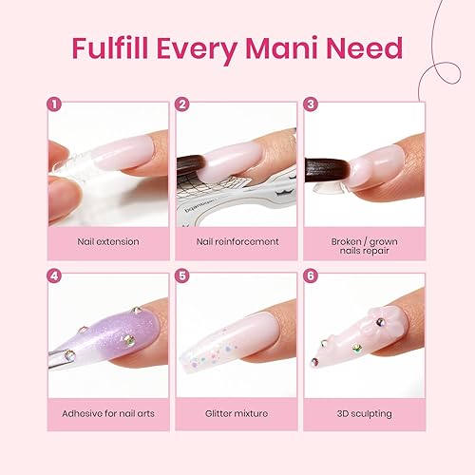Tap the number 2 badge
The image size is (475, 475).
click(181, 105)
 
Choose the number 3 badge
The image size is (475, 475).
click(310, 105)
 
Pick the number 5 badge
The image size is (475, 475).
click(181, 276)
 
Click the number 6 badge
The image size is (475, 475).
click(310, 276)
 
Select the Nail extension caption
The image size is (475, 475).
click(107, 241)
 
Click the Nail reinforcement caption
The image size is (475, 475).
click(237, 241)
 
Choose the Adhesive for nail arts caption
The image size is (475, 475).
click(107, 413)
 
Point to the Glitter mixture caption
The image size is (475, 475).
click(237, 413)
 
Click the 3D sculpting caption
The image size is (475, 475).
click(366, 413)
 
